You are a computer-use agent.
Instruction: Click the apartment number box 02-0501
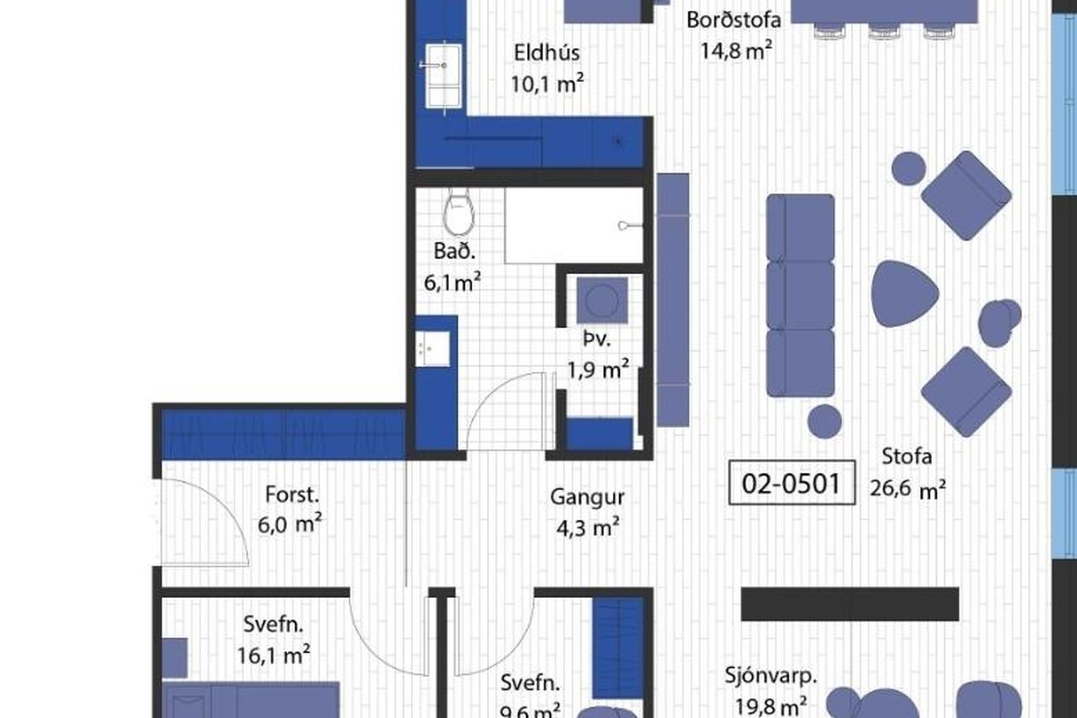(792, 483)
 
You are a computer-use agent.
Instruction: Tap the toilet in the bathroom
(459, 212)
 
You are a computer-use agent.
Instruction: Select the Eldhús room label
(547, 52)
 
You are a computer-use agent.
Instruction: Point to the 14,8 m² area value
(737, 50)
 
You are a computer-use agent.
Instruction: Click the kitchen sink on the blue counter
(443, 76)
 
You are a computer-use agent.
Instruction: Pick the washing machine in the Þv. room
(602, 301)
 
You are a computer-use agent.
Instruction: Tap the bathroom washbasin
(432, 349)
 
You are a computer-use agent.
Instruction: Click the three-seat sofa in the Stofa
(800, 296)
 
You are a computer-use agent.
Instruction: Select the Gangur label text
(587, 498)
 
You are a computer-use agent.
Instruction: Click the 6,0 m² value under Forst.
(289, 524)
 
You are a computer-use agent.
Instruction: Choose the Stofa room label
(907, 456)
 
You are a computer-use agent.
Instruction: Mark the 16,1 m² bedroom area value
(273, 654)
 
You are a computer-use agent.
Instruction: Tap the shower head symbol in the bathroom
(630, 225)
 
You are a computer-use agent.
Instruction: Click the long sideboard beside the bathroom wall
(673, 300)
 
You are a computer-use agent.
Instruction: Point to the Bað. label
(454, 252)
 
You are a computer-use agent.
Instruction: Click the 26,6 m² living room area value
(908, 489)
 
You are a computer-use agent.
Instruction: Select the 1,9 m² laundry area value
(598, 369)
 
